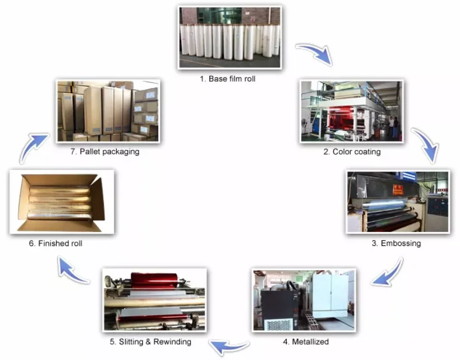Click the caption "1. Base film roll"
click(227, 79)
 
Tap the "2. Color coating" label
click(352, 152)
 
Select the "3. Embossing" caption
click(396, 244)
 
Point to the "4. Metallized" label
click(306, 342)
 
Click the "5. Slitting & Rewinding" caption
click(150, 342)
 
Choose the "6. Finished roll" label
click(55, 244)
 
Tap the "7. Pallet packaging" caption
click(105, 152)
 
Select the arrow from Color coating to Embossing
click(426, 145)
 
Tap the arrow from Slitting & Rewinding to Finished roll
click(72, 271)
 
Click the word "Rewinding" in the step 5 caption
click(172, 342)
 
